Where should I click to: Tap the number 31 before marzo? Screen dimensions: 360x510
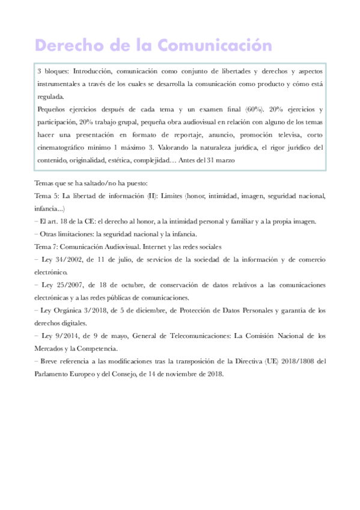point(219,159)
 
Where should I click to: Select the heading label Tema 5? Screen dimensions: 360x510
point(47,196)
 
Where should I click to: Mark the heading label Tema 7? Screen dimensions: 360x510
point(47,247)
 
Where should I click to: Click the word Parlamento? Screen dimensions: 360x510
point(56,373)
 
